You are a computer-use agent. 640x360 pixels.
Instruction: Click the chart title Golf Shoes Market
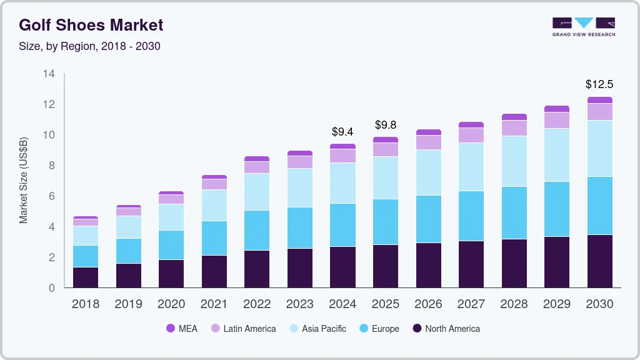coord(91,25)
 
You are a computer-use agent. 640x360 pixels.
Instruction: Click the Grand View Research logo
coord(583,26)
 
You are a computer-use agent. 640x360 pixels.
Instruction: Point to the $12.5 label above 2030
coord(599,84)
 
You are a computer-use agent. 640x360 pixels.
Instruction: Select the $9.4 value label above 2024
coord(342,131)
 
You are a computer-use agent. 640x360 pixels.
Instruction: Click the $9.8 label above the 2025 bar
coord(386,125)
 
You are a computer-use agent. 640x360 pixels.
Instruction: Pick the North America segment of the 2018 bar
coord(86,277)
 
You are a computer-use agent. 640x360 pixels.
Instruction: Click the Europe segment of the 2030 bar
coord(599,206)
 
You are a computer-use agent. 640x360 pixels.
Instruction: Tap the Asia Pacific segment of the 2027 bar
coord(471,167)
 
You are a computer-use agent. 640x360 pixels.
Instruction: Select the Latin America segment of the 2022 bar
coord(257,167)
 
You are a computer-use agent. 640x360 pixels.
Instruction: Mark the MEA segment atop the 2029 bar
coord(557,109)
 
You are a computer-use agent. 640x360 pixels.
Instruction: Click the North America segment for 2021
coord(214,271)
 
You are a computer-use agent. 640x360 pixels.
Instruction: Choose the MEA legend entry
coord(182,328)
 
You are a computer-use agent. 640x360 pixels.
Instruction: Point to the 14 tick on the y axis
coord(49,74)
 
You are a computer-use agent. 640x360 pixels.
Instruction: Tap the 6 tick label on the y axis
coord(51,196)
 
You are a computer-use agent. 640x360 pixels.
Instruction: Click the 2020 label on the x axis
coord(171,304)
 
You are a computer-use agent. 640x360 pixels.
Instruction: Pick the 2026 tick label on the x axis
coord(428,304)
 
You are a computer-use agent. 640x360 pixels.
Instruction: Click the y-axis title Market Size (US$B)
coord(24,180)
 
